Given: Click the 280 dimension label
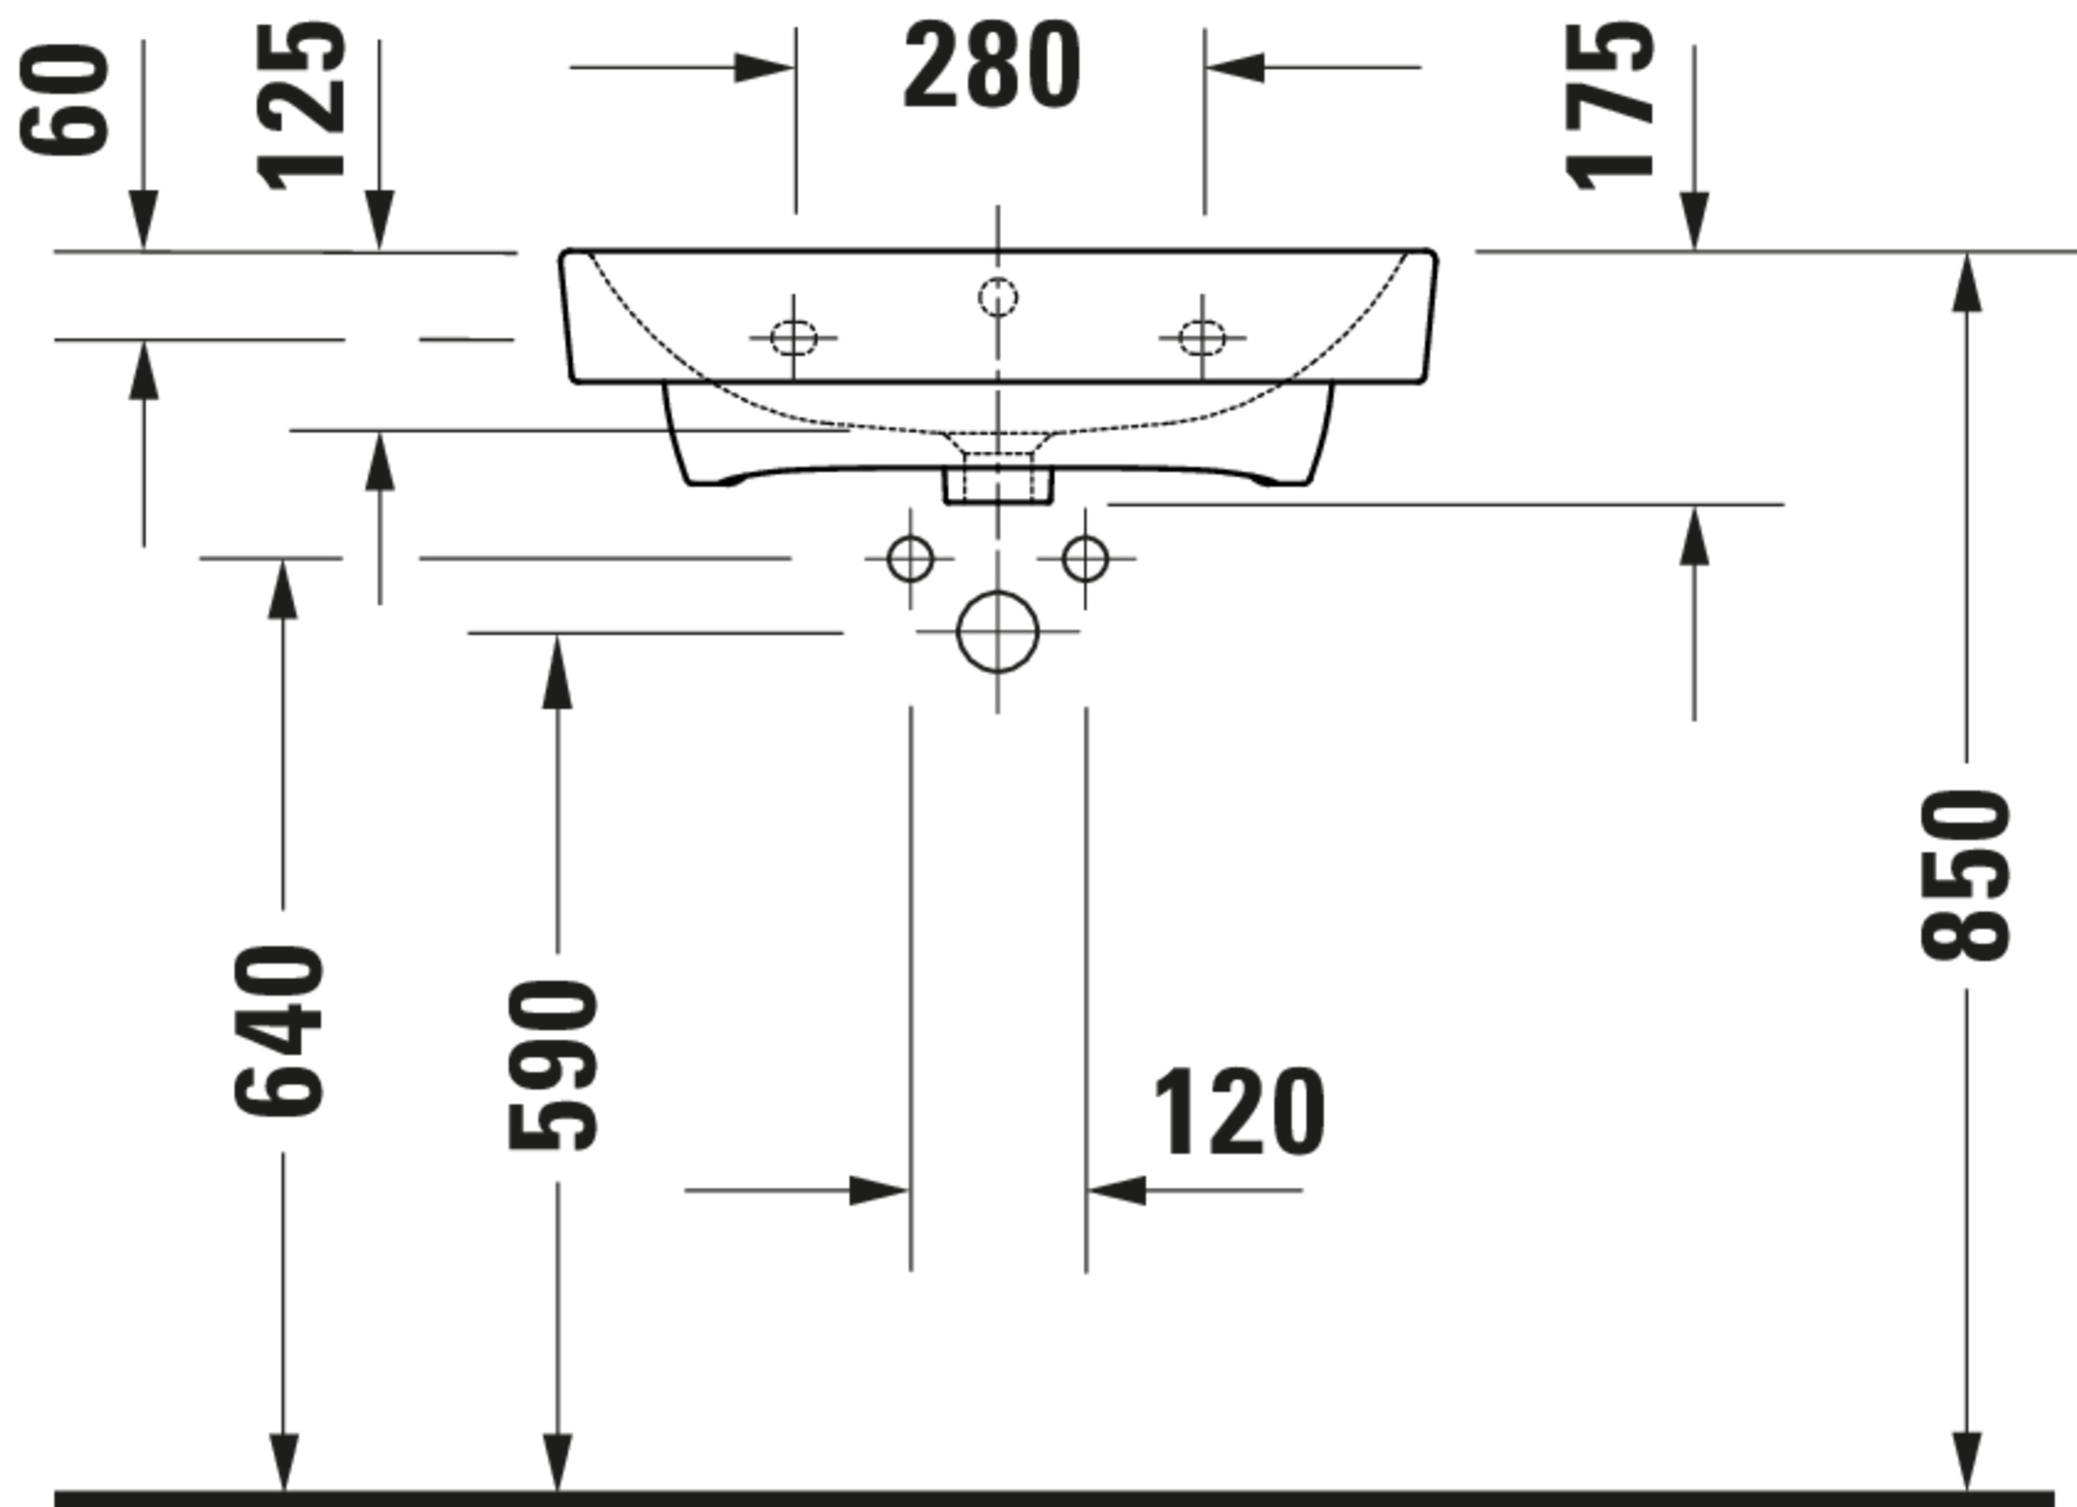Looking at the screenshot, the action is coord(992,65).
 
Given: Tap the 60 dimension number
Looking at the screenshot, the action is coord(64,99).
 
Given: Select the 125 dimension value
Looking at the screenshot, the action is coord(301,107).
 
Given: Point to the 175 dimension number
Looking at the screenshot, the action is coord(1610,107).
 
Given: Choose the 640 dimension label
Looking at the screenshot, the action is coord(279,1031).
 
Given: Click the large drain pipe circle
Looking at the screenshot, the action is coord(997,591).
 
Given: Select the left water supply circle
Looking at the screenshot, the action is coord(910,536).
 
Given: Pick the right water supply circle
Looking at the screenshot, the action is coord(1085,536).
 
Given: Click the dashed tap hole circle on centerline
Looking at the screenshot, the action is coord(997,278).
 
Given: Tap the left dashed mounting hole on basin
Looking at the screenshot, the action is coord(793,321).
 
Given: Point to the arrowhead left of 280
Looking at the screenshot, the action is coord(764,68).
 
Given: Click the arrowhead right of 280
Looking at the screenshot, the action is coord(1234,68).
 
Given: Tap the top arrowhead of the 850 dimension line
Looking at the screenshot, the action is coord(1967,281).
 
